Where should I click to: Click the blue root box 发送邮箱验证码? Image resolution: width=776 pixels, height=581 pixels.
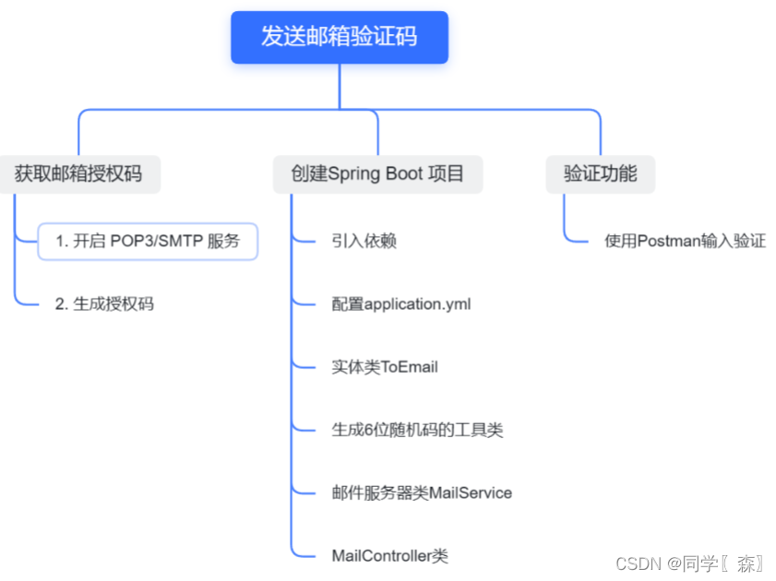339,37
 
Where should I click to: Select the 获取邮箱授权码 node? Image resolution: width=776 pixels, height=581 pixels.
78,172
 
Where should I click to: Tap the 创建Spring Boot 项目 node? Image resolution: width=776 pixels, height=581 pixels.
377,173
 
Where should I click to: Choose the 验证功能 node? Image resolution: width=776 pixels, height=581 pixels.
600,172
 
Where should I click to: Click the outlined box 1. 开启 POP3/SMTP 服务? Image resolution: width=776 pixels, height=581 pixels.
148,242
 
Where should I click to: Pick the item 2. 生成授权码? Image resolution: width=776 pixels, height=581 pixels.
104,303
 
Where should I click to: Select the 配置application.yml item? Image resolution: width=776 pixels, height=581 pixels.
401,303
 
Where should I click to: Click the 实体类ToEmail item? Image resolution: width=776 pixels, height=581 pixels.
385,367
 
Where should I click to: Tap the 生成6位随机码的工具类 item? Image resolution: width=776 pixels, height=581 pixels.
417,430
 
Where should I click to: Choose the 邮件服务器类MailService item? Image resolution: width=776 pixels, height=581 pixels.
422,492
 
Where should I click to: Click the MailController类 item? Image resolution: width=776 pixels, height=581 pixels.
389,555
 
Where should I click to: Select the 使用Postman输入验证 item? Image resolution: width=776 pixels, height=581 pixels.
685,242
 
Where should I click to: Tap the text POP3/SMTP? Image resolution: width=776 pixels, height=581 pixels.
157,242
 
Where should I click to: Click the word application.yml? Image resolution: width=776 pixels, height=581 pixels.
418,303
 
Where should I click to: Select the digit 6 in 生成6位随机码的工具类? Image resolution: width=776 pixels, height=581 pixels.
366,430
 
